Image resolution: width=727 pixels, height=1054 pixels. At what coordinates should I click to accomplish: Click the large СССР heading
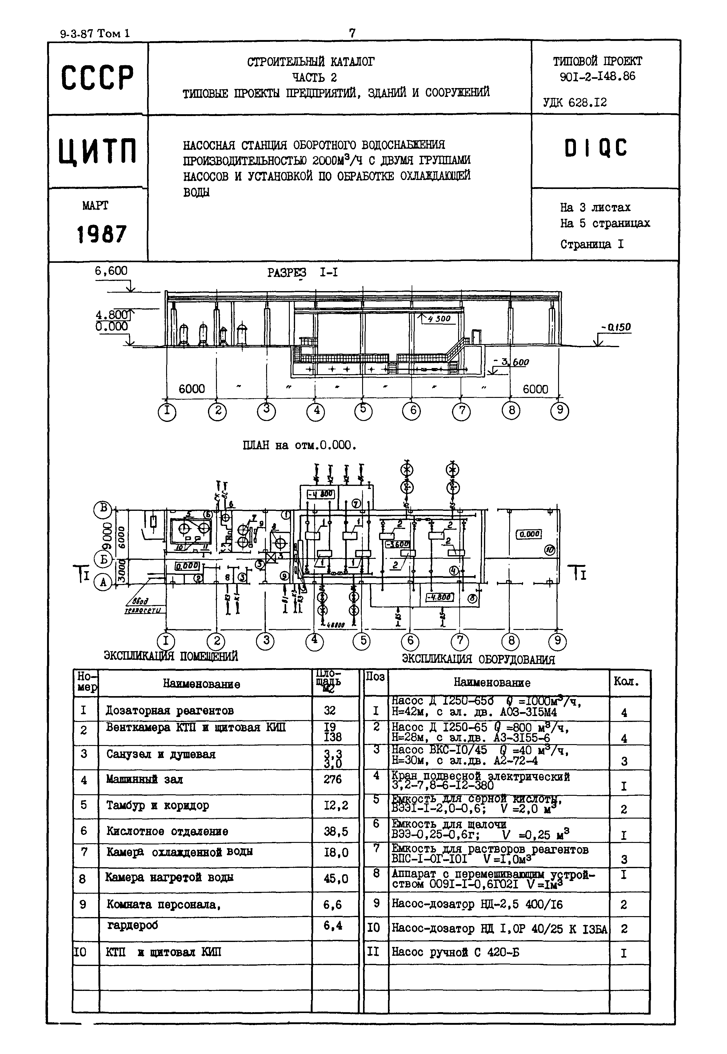(x=98, y=78)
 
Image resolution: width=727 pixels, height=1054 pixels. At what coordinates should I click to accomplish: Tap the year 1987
(x=101, y=234)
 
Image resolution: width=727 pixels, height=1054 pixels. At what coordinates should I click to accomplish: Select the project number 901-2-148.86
(x=597, y=76)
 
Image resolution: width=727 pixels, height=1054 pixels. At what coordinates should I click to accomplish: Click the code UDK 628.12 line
(x=575, y=102)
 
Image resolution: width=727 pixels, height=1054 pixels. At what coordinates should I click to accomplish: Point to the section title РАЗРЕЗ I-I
(x=302, y=273)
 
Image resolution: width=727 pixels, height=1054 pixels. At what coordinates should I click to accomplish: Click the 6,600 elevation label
(x=111, y=271)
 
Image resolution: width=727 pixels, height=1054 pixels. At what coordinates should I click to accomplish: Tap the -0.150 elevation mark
(x=615, y=327)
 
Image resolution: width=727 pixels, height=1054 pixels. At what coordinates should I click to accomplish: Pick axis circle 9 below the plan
(x=557, y=641)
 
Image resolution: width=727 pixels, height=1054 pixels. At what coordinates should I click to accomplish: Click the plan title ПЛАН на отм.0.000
(x=300, y=445)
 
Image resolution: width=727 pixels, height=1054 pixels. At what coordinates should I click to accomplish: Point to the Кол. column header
(x=626, y=681)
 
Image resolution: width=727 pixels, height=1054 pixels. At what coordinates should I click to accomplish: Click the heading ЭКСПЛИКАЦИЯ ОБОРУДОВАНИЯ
(x=478, y=659)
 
